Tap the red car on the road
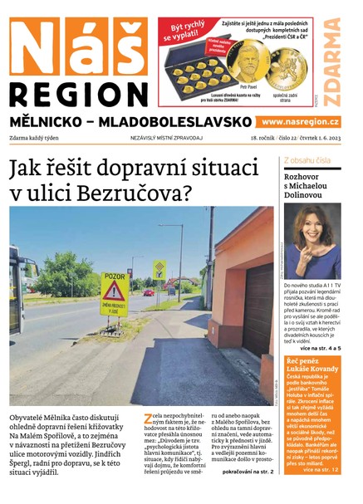(149, 292)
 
